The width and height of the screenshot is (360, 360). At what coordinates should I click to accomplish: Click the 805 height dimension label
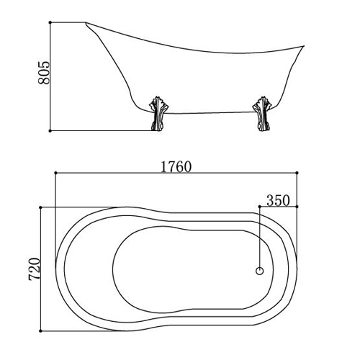(x=43, y=73)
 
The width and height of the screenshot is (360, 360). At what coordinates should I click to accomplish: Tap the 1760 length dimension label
(x=176, y=167)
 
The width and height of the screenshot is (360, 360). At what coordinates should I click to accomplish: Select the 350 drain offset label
(x=278, y=200)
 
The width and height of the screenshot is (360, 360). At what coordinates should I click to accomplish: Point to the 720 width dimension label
(x=34, y=269)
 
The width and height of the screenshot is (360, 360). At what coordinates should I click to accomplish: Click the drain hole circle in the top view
(x=260, y=271)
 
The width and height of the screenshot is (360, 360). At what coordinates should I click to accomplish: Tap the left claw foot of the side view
(x=158, y=114)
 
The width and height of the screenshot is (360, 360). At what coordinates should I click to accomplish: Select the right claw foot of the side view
(x=262, y=114)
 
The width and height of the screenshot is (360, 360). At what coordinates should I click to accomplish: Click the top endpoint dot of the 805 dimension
(x=50, y=22)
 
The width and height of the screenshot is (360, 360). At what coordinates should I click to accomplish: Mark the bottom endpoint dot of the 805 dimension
(x=50, y=131)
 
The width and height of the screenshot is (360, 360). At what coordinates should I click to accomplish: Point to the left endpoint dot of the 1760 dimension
(x=55, y=173)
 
